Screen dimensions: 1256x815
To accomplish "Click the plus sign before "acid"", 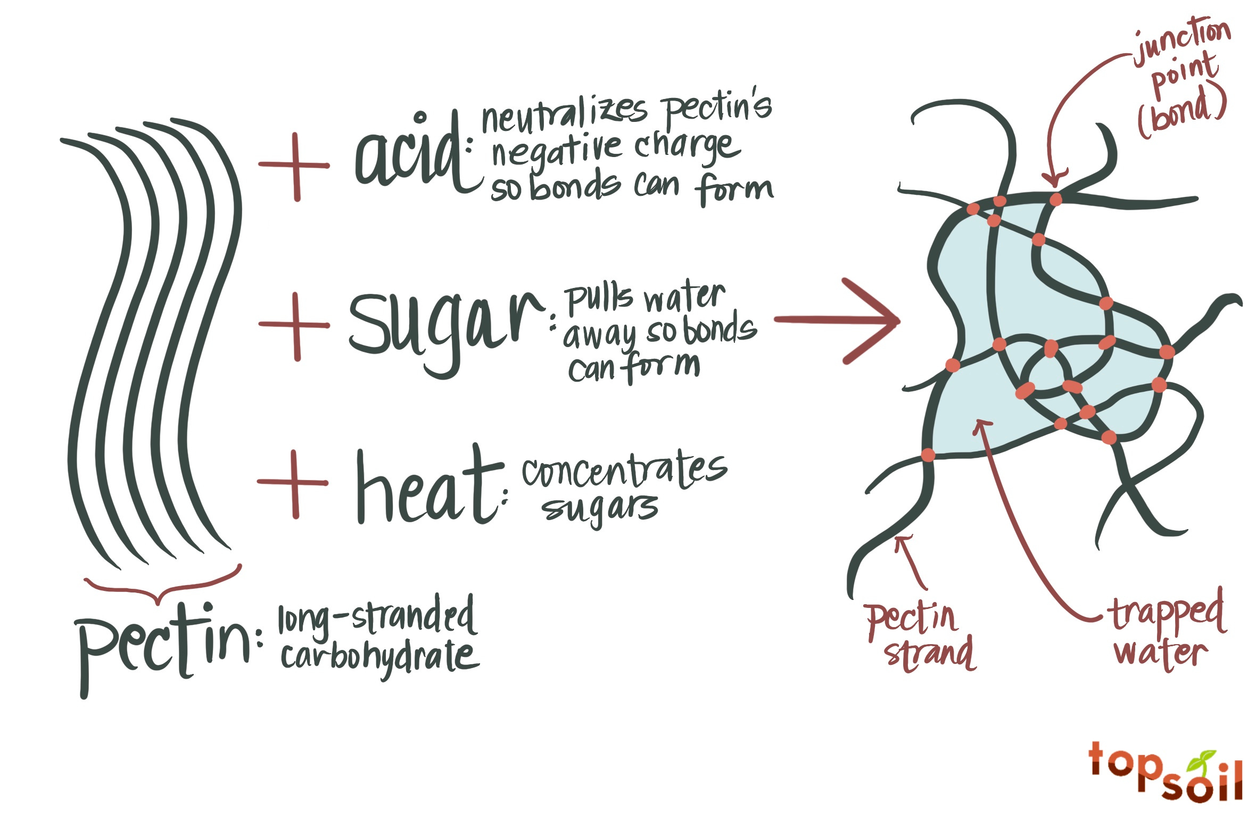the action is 295,166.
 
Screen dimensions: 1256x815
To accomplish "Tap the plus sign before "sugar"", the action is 295,325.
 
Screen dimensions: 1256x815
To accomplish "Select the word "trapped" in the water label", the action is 1168,615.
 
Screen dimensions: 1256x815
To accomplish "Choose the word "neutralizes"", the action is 564,114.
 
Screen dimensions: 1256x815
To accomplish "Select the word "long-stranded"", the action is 376,618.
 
